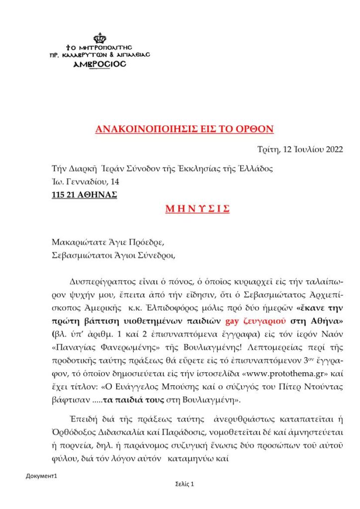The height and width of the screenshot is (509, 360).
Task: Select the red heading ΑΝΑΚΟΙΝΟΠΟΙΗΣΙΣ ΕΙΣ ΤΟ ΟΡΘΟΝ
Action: [184, 130]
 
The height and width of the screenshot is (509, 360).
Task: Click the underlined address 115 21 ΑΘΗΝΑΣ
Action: [84, 194]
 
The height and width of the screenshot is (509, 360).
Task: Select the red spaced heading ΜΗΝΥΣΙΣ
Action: [197, 209]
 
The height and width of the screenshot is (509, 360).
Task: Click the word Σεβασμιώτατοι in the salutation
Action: [79, 256]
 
